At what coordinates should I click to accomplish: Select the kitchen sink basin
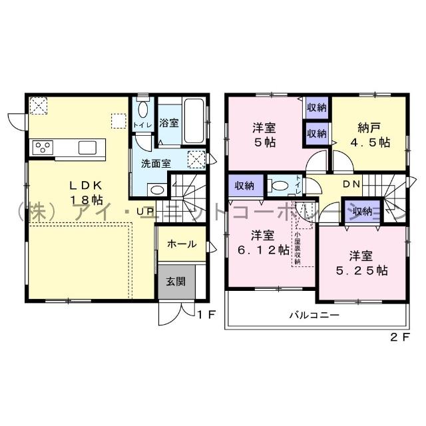(x=88, y=147)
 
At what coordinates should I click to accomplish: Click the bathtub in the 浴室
(x=194, y=121)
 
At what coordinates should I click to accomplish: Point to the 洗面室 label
(x=154, y=162)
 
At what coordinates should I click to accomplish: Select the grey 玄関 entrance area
(x=176, y=281)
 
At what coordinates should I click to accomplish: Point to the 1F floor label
(x=206, y=315)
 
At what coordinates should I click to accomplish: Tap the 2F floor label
(x=398, y=337)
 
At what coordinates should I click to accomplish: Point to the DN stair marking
(x=351, y=184)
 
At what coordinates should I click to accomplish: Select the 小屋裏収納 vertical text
(x=298, y=247)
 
